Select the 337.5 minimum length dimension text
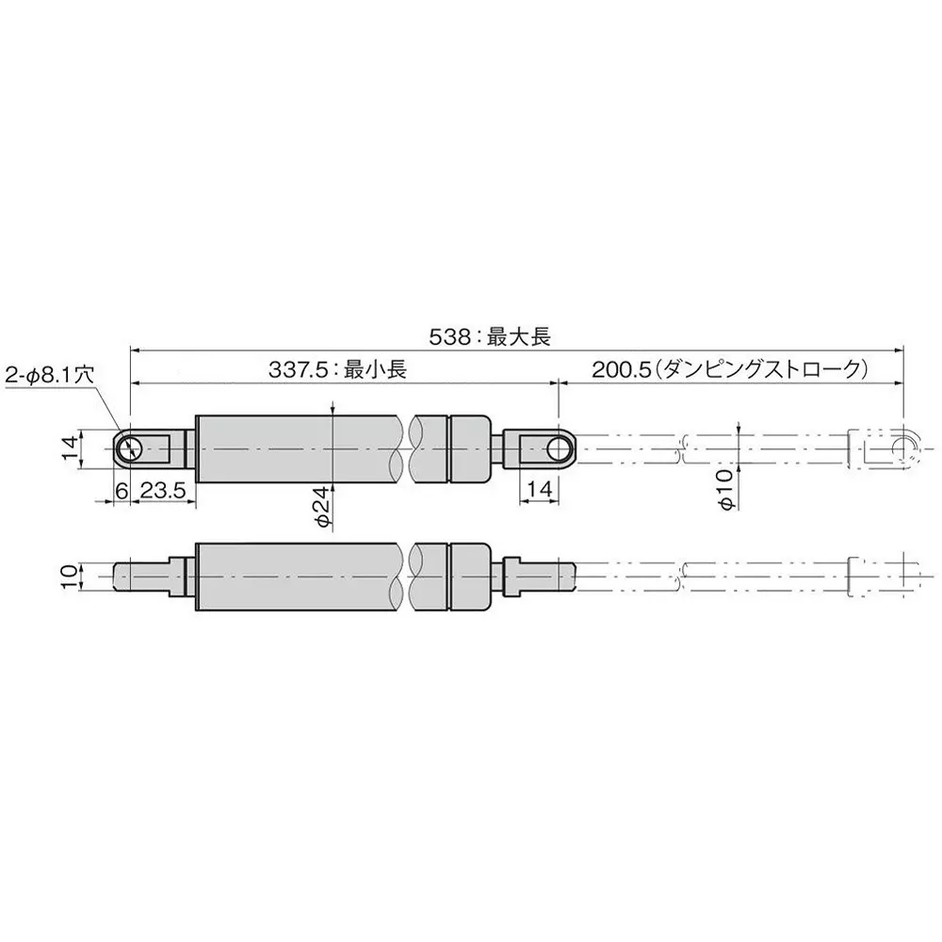336,371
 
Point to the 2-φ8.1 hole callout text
49,373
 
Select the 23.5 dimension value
161,491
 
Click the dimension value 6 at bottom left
121,491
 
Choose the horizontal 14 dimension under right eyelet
540,491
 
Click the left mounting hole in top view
131,448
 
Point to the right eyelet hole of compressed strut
561,448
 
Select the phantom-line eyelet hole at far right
904,448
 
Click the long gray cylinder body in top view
301,448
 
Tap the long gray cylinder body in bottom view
301,576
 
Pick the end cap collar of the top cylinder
471,448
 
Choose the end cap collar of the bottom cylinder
471,576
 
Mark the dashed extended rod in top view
716,448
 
